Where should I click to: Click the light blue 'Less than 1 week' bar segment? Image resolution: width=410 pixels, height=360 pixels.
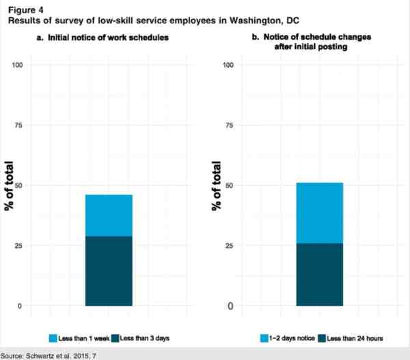[x=109, y=215]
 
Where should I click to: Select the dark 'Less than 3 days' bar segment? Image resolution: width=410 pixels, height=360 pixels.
[x=109, y=271]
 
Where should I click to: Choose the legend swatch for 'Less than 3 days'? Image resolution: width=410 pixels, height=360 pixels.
[x=114, y=337]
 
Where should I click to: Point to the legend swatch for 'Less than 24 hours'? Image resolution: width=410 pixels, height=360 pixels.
[x=322, y=337]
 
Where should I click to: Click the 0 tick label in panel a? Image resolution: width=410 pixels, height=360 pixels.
[x=20, y=306]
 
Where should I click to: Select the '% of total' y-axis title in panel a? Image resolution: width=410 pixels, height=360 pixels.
[x=10, y=186]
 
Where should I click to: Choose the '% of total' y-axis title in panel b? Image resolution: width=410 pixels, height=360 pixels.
[x=217, y=186]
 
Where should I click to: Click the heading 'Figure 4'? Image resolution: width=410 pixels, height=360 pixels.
[x=20, y=8]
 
